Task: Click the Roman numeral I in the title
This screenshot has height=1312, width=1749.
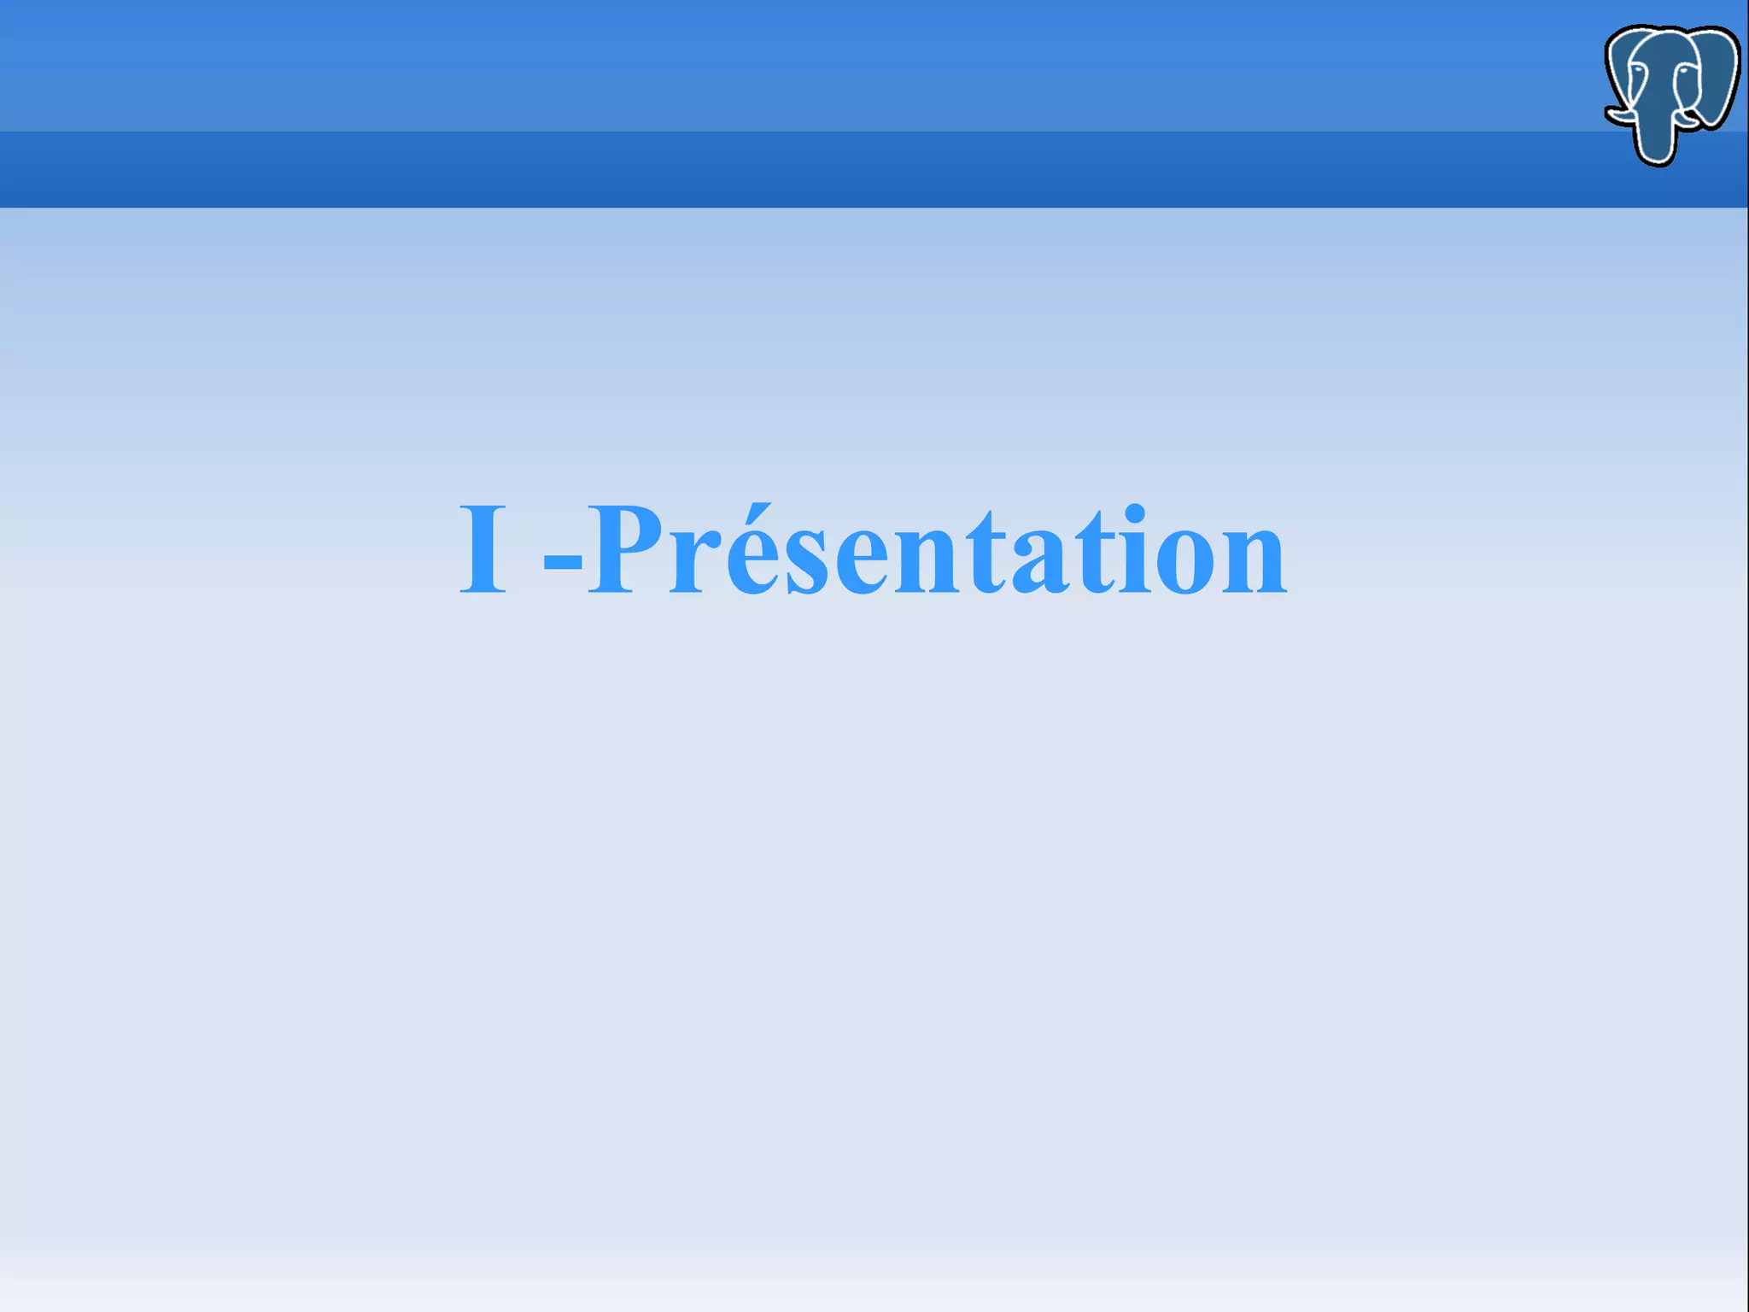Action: [483, 548]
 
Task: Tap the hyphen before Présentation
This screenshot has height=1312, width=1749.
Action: [564, 563]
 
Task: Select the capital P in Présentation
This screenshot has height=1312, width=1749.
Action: [628, 548]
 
